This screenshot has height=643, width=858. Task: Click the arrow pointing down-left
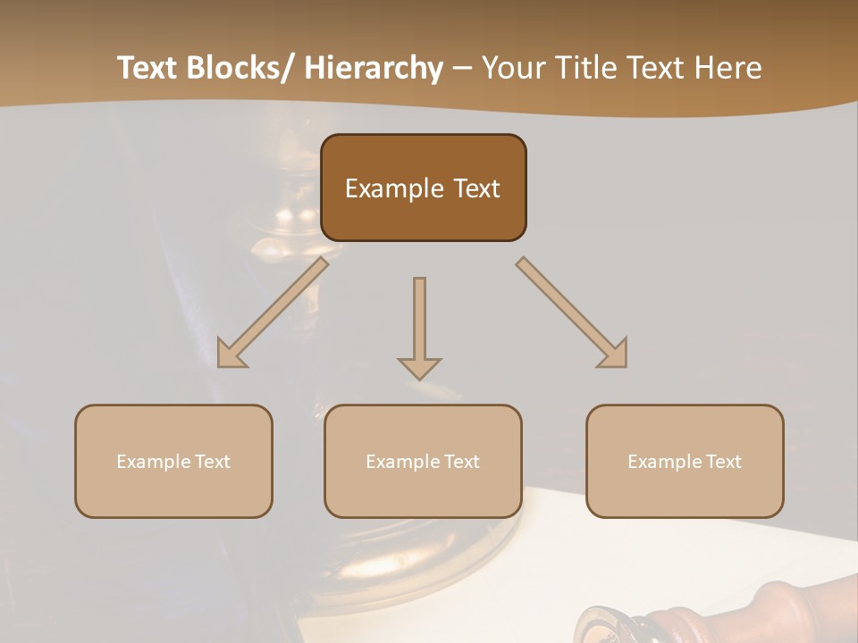point(273,313)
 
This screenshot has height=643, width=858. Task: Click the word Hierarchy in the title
point(374,68)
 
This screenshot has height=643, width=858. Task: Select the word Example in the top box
point(393,188)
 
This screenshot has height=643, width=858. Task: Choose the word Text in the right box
point(723,462)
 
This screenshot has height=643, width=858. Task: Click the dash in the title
point(462,68)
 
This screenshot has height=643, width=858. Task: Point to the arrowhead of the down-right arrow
point(615,355)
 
